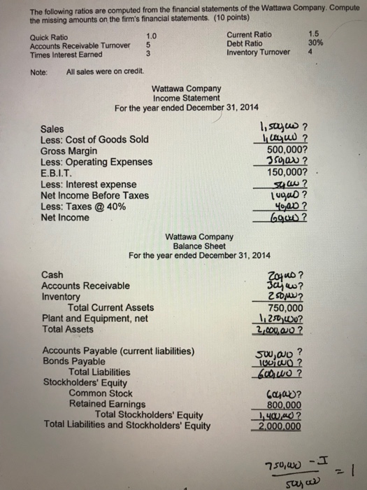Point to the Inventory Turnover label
259,52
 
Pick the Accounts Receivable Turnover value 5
148,46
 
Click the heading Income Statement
187,99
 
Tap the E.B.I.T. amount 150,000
285,173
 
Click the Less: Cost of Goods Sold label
94,140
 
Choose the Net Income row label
65,218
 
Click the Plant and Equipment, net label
94,318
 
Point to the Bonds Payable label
74,362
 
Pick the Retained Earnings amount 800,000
285,404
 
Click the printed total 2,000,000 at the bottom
285,426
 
